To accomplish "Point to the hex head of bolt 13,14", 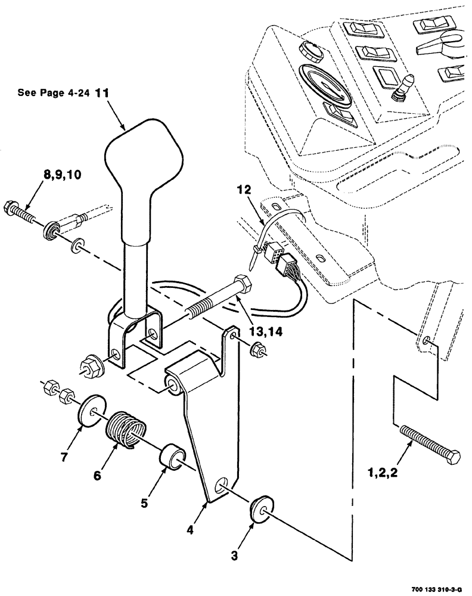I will [242, 284].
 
